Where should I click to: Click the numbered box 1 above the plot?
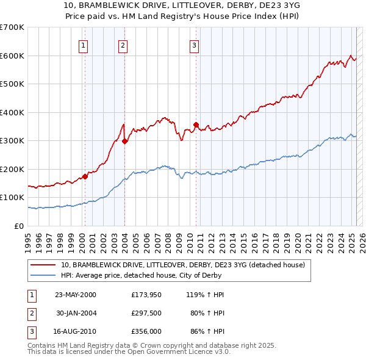82,44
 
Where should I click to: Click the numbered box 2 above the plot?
123,44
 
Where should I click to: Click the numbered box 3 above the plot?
194,44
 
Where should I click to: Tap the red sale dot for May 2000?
85,176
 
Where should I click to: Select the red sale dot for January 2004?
124,141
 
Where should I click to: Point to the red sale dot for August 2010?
196,124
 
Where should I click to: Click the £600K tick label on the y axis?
12,56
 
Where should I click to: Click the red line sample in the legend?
44,265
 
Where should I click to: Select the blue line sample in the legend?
44,275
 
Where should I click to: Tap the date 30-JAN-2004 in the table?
76,313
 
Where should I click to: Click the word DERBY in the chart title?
230,5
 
